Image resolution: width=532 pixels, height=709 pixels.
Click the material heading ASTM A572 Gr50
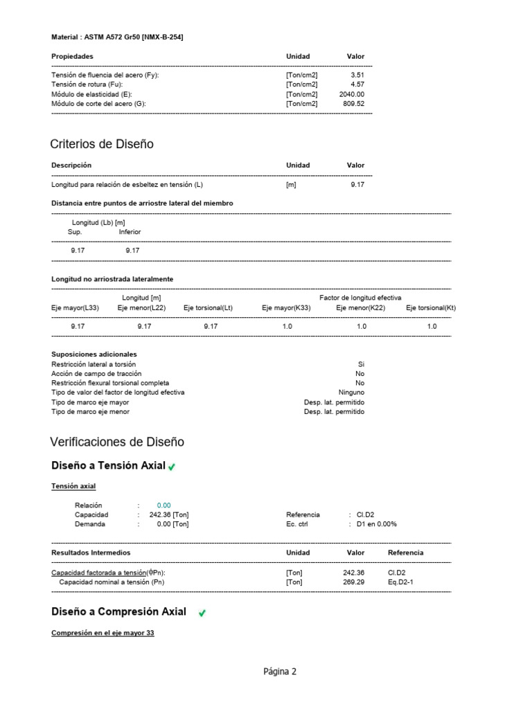tap(117, 37)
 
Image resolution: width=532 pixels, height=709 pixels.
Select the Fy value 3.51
tap(357, 75)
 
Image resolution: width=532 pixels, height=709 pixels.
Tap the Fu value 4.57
tap(357, 84)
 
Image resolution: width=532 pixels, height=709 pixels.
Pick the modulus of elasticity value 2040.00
tap(352, 94)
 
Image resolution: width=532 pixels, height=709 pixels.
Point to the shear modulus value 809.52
tap(353, 104)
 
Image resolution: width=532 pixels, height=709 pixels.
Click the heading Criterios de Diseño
tap(102, 144)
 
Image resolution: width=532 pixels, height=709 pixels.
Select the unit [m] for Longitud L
tap(291, 185)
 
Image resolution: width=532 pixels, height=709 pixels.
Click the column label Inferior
tap(130, 232)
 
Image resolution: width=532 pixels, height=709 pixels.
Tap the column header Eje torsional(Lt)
tap(209, 307)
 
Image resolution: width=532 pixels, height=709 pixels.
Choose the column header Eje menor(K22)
tap(361, 307)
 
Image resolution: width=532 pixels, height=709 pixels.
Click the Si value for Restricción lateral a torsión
tap(361, 364)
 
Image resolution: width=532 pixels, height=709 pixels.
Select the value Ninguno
tap(351, 393)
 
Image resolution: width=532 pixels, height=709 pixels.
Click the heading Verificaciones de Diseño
tap(117, 442)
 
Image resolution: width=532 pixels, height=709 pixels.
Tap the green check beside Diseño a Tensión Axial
tap(172, 467)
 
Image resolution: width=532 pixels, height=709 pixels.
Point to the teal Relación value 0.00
tap(163, 505)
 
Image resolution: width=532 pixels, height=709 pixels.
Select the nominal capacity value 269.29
tap(353, 582)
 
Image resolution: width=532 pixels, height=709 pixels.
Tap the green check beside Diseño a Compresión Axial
tap(202, 613)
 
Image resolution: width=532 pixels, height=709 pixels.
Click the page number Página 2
tap(280, 671)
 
